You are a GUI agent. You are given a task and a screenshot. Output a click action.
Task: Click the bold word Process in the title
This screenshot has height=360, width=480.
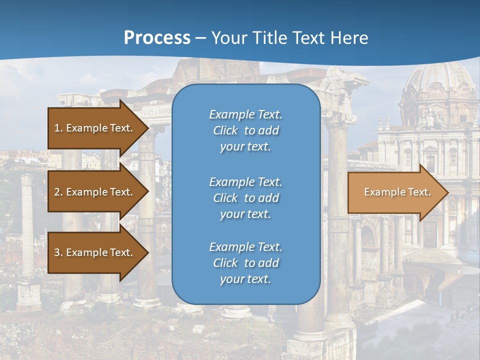tap(157, 37)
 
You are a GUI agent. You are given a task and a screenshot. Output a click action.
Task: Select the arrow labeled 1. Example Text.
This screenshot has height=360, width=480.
tap(95, 128)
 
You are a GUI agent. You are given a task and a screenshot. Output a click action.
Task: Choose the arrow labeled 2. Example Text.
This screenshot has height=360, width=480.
tap(95, 192)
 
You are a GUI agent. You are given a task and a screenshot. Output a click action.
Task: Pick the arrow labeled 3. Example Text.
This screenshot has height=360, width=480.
tap(95, 252)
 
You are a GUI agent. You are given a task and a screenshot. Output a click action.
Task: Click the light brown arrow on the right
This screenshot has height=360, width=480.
tap(395, 192)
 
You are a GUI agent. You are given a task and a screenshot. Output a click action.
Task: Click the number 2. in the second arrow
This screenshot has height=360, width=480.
tap(58, 192)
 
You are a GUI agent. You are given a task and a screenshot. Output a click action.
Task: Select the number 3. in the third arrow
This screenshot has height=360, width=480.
tap(58, 252)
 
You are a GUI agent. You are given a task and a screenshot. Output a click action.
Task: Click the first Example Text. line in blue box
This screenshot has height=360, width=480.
tap(245, 114)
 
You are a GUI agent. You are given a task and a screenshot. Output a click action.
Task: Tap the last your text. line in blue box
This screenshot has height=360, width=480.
tap(245, 279)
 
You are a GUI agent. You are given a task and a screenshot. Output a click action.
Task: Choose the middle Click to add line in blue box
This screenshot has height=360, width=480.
tap(245, 198)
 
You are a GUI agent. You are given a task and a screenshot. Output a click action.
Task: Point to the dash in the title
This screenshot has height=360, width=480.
tap(200, 38)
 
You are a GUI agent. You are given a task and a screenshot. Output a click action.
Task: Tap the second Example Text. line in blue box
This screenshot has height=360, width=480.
tap(245, 181)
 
